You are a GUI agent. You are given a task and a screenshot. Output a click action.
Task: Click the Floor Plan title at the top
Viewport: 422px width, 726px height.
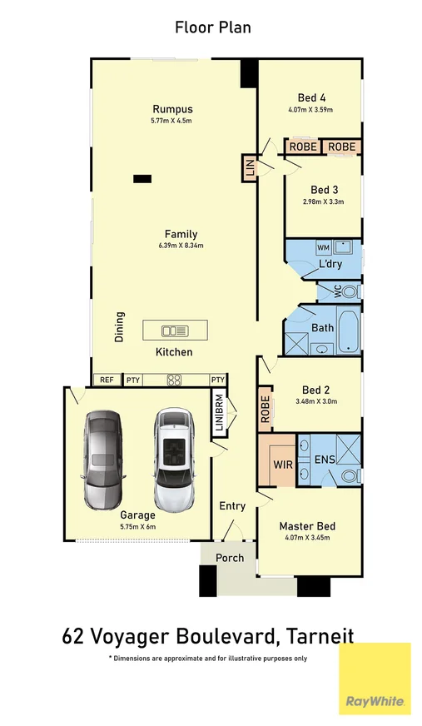point(212,27)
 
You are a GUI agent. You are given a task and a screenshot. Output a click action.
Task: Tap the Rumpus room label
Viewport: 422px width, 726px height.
point(172,109)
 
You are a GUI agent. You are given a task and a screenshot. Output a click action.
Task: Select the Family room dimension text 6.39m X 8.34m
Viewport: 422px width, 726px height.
point(181,246)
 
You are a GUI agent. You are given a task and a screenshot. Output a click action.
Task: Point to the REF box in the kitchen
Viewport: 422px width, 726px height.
point(107,380)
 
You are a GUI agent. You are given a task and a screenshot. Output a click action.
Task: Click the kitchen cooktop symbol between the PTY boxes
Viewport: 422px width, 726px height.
point(175,380)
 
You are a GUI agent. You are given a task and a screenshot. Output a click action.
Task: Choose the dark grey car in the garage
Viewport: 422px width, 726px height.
point(104,460)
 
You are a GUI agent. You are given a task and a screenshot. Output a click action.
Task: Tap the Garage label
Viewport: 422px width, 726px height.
point(137,515)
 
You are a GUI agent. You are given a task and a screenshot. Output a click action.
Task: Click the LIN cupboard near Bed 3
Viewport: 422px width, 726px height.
point(249,168)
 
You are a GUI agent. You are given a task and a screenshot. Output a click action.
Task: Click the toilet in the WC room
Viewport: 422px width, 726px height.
point(350,291)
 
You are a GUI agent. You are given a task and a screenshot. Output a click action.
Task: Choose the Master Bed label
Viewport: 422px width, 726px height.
point(307,526)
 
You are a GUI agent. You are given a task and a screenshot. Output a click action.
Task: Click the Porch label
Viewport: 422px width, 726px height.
point(230,557)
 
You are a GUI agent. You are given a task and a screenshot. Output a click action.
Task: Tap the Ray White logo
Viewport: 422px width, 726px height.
point(375,679)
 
